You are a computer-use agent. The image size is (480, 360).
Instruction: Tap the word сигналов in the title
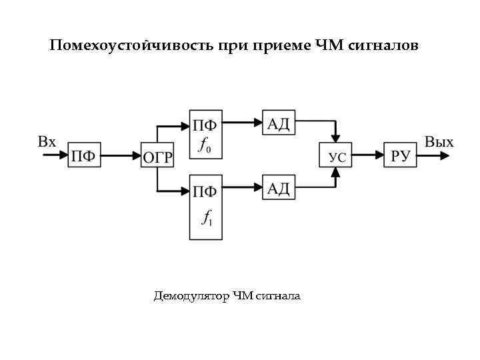(x=383, y=46)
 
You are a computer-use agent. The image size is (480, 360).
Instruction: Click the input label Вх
(x=47, y=141)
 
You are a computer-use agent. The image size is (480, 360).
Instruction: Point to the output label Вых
(x=439, y=142)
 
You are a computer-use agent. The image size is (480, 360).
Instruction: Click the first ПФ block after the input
(x=83, y=157)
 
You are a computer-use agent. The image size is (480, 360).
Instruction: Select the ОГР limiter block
(x=158, y=157)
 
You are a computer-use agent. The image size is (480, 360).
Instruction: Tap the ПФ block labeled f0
(x=205, y=133)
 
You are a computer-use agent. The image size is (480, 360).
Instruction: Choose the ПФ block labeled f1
(x=205, y=207)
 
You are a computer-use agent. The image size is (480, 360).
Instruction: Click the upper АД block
(x=279, y=123)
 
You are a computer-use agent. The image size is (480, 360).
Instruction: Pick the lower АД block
(x=279, y=189)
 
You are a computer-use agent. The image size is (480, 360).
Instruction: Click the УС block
(x=337, y=157)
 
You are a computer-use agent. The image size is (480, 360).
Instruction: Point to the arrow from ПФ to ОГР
(x=120, y=157)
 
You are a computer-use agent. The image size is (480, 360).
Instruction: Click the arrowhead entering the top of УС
(x=337, y=137)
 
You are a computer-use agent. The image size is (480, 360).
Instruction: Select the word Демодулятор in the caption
(x=191, y=295)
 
